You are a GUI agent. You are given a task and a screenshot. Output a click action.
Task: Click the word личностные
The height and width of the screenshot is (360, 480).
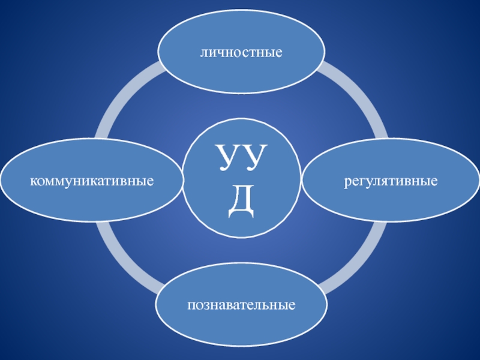[241, 53]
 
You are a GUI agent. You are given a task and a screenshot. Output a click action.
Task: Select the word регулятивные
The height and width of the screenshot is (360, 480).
[390, 180]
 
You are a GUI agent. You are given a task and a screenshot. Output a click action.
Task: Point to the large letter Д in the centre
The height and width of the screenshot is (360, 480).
[241, 204]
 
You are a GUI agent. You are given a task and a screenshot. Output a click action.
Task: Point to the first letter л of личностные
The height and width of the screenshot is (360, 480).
[203, 54]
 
